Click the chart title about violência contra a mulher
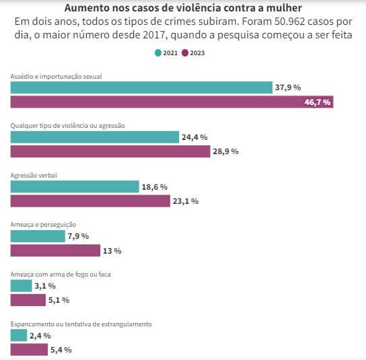[x=183, y=8]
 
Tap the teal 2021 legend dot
[x=158, y=53]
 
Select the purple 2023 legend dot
[x=185, y=53]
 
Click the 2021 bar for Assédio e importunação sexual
[x=141, y=87]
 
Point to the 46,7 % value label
[x=318, y=102]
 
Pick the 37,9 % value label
[x=288, y=87]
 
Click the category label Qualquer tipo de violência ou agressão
[x=67, y=126]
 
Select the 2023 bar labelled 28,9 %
[x=110, y=151]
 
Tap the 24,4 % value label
[x=194, y=137]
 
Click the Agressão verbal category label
[x=34, y=176]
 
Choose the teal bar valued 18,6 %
[x=75, y=187]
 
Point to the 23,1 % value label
[x=186, y=201]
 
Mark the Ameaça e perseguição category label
[x=43, y=225]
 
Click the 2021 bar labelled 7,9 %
[x=38, y=236]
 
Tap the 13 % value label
[x=112, y=251]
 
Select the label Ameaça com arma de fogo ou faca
[x=61, y=274]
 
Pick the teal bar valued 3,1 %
[x=22, y=286]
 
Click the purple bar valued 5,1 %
[x=28, y=300]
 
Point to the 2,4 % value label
[x=40, y=336]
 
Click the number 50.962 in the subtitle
[x=289, y=22]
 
